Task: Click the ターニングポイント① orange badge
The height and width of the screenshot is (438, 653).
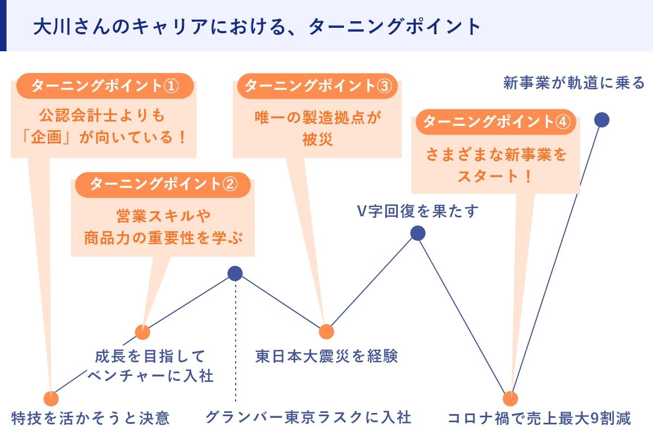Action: tap(105, 86)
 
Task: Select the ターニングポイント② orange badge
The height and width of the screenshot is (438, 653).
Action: tap(163, 185)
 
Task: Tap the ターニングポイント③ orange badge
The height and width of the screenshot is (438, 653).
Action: tap(317, 86)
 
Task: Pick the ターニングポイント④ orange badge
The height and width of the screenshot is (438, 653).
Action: tap(496, 121)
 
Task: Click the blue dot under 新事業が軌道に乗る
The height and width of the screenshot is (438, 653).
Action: tap(602, 120)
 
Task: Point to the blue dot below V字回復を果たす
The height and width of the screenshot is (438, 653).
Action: tap(418, 233)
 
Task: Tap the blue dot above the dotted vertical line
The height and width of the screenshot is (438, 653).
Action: tap(235, 273)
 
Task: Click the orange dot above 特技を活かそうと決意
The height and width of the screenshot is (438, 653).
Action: tap(51, 399)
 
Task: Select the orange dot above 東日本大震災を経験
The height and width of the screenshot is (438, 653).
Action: tap(326, 332)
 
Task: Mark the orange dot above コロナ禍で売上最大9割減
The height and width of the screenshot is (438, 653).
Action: tap(510, 399)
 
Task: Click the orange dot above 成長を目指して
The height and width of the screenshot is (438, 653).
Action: tap(143, 332)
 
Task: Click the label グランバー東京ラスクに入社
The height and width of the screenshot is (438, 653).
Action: tap(309, 418)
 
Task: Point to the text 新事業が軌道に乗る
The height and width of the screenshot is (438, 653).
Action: tap(574, 83)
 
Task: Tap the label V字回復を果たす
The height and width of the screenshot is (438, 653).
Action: tap(418, 211)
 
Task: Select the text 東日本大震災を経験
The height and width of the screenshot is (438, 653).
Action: tap(326, 356)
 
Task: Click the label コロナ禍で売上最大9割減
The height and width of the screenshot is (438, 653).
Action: tap(539, 418)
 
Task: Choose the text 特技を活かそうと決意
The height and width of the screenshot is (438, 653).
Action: tap(90, 418)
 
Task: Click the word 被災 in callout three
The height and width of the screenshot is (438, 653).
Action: tap(317, 139)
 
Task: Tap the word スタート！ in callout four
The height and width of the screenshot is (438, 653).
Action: tap(495, 176)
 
